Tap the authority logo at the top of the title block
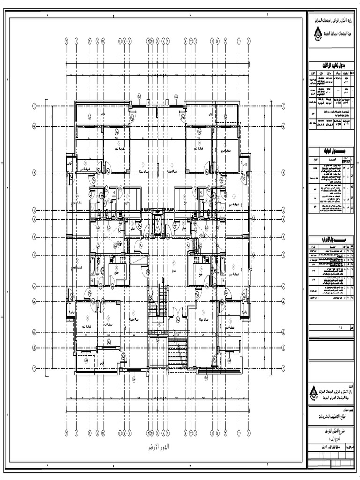[317, 34]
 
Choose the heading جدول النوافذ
[331, 151]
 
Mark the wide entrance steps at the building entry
[168, 352]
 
